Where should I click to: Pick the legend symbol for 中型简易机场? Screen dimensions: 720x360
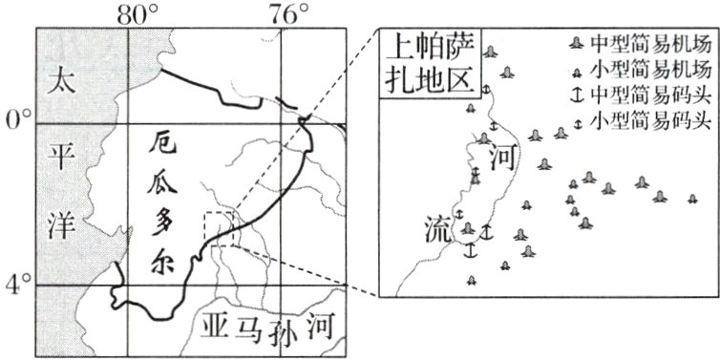coord(576,45)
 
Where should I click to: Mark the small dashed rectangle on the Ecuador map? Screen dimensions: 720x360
coord(220,229)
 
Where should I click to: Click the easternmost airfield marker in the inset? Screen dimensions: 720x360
coord(692,199)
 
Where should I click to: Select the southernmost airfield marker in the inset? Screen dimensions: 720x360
coord(471,280)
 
